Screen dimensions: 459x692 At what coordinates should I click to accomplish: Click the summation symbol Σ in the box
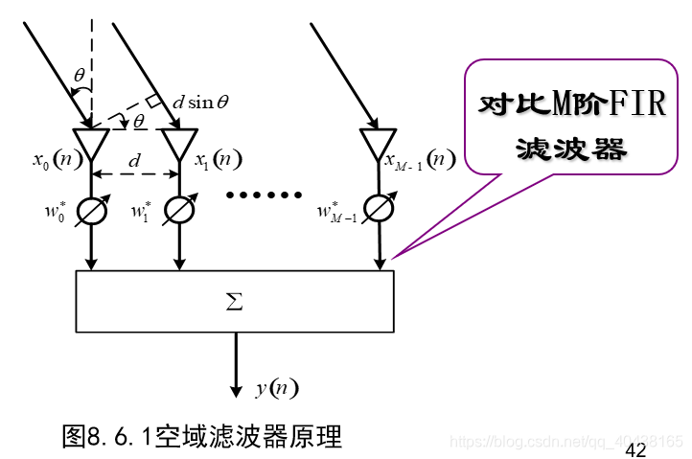pos(234,303)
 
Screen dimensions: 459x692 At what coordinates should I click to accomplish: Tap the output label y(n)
pos(277,388)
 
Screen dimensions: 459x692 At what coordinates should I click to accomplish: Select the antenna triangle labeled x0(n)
pos(92,145)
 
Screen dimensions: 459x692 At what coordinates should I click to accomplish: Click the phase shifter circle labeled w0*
pos(92,211)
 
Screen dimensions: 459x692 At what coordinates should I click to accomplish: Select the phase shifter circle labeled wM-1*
pos(379,211)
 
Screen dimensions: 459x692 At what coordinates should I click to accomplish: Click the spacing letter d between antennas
pos(134,160)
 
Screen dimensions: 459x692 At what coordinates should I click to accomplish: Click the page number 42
pos(635,450)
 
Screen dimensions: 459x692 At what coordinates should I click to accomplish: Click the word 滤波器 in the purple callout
pos(571,148)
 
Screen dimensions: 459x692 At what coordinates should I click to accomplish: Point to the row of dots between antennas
pos(263,195)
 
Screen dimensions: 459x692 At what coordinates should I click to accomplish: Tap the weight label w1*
pos(140,210)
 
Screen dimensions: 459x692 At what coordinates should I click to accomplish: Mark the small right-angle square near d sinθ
pos(152,101)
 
